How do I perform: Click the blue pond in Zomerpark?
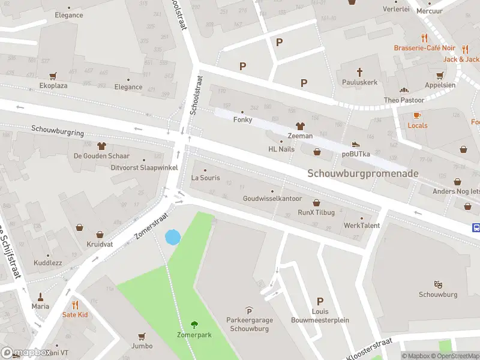pyautogui.click(x=172, y=237)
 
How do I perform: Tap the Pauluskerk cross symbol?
pyautogui.click(x=360, y=71)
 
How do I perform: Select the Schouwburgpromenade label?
pyautogui.click(x=363, y=173)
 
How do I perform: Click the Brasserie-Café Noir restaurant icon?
pyautogui.click(x=425, y=37)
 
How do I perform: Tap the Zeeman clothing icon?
pyautogui.click(x=300, y=126)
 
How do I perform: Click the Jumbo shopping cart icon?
pyautogui.click(x=142, y=336)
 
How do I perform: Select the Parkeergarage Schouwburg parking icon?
pyautogui.click(x=250, y=310)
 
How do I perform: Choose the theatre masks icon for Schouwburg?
pyautogui.click(x=438, y=284)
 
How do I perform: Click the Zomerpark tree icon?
pyautogui.click(x=194, y=324)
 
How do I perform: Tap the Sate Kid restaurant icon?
pyautogui.click(x=75, y=305)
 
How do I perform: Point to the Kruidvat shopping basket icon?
pyautogui.click(x=80, y=227)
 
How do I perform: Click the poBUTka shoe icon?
pyautogui.click(x=356, y=144)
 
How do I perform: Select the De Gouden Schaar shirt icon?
pyautogui.click(x=101, y=146)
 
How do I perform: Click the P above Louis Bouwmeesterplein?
pyautogui.click(x=320, y=302)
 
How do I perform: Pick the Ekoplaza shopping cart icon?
pyautogui.click(x=53, y=76)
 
